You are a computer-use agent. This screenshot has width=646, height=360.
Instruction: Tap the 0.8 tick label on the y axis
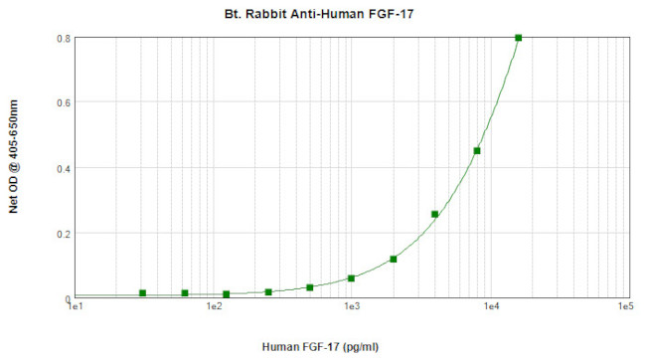(x=62, y=39)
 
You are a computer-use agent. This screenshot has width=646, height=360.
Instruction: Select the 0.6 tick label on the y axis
(x=62, y=103)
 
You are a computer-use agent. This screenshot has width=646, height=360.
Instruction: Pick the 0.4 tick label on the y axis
(x=62, y=168)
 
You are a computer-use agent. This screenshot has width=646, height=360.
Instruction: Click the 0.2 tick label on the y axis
(x=62, y=234)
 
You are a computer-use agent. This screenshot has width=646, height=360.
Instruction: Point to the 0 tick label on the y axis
(x=67, y=298)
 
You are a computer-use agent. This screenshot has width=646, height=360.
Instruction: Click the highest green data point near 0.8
(x=519, y=38)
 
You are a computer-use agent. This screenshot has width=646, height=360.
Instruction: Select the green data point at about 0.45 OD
(x=477, y=151)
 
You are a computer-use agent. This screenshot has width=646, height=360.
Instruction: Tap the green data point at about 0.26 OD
(x=435, y=214)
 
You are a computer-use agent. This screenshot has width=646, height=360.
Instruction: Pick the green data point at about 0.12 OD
(x=394, y=260)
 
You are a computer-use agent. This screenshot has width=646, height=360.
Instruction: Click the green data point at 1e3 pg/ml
(x=352, y=278)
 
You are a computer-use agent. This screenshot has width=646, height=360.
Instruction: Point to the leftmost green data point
(x=143, y=293)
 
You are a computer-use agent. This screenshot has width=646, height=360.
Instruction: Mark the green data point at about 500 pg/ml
(x=310, y=287)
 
